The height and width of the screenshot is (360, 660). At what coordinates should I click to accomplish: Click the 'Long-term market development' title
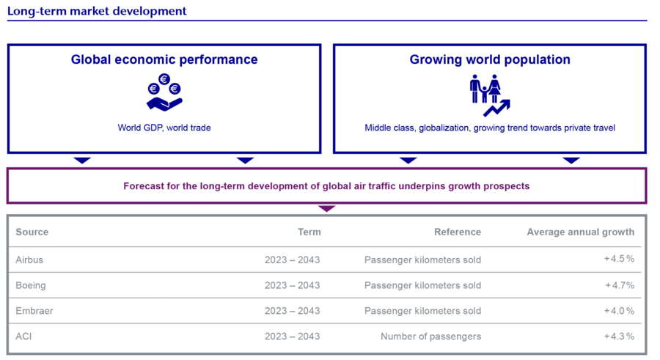coord(97,11)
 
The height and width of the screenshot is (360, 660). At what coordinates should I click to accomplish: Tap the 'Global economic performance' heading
coord(164,60)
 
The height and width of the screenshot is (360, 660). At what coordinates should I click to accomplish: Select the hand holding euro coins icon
coord(164,92)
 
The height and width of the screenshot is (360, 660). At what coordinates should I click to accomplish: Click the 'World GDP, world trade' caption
coord(164,128)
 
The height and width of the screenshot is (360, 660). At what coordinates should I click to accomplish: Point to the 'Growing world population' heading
coord(490,60)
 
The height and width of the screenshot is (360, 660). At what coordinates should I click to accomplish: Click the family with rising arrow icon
coord(490,95)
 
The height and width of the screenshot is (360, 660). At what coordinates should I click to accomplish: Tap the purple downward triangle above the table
coord(326,208)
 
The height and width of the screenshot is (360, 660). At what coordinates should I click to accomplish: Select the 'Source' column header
coord(32,232)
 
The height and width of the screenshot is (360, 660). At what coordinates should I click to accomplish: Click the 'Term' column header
coord(309,232)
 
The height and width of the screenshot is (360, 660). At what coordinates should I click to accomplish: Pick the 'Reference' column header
coord(458,232)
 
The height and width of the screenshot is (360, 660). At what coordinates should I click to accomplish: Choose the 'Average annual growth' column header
coord(581,232)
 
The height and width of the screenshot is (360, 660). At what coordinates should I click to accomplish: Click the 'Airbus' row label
coord(29,260)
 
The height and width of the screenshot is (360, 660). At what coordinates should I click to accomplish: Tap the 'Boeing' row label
coord(31,285)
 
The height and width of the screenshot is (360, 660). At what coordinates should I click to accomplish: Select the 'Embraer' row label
coord(34,311)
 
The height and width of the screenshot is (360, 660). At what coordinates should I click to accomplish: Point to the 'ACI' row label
coord(23,337)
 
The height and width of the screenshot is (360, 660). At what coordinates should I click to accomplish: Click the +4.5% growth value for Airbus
coord(619,259)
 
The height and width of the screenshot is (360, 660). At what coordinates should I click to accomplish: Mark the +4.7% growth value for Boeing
coord(620,285)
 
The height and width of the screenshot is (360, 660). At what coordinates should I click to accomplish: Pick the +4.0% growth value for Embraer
coord(619,311)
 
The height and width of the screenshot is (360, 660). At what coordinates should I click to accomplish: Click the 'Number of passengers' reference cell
coord(431,337)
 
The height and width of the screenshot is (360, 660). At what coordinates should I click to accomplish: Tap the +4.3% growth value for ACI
coord(619,337)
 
